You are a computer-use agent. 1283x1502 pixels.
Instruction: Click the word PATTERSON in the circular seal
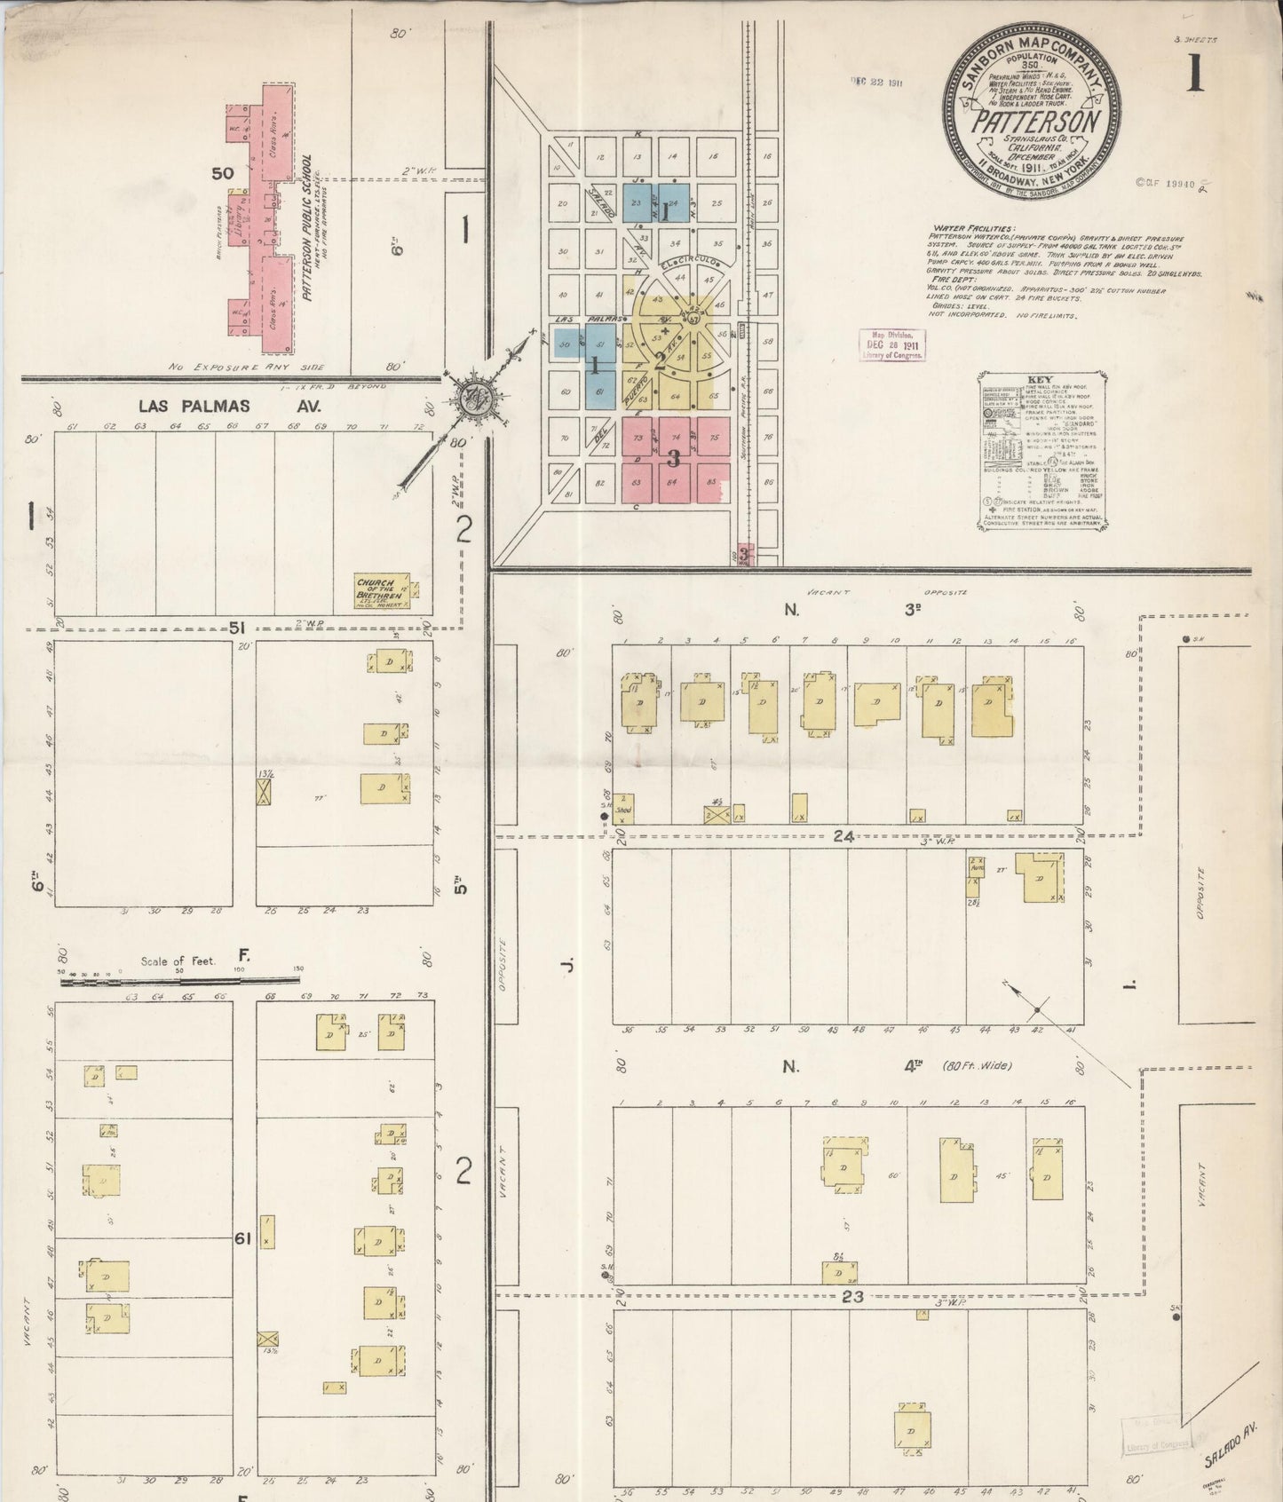click(x=1034, y=122)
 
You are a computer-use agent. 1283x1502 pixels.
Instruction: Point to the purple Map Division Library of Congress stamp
click(x=891, y=344)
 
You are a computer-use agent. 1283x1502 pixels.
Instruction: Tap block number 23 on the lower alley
click(x=852, y=1296)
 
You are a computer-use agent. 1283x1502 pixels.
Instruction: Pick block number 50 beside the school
click(x=222, y=173)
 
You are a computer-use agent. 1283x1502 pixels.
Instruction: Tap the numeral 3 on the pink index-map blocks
click(x=673, y=459)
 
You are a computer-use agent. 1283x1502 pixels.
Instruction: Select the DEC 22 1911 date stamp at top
click(x=878, y=82)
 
